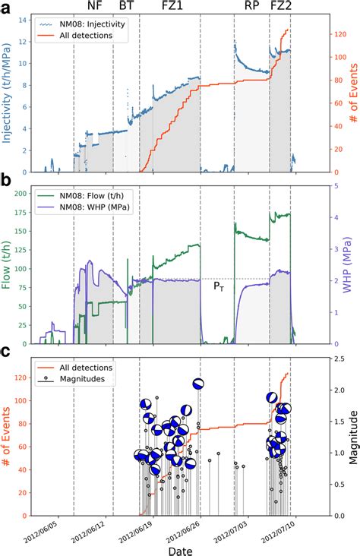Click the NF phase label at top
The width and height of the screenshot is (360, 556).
[x=95, y=7]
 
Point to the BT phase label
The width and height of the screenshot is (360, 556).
[x=127, y=7]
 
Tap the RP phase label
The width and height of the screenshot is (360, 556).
[x=251, y=7]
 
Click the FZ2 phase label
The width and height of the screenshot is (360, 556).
[x=280, y=7]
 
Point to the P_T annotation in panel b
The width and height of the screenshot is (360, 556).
[x=218, y=286]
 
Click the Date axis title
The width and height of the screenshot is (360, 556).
[x=180, y=548]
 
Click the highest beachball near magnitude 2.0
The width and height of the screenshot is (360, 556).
[x=199, y=384]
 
